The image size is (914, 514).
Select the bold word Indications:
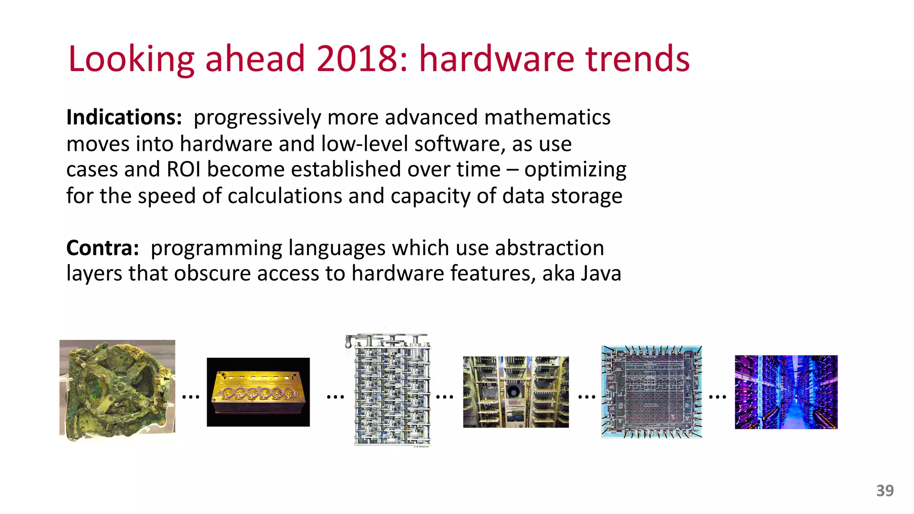click(x=124, y=117)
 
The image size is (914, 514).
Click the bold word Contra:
click(x=103, y=248)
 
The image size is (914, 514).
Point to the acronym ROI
click(x=183, y=170)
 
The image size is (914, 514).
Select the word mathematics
click(x=547, y=117)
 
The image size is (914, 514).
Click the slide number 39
click(x=885, y=491)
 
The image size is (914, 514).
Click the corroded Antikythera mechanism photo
click(x=117, y=389)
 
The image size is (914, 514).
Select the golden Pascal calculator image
click(x=258, y=392)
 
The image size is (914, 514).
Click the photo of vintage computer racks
click(x=515, y=392)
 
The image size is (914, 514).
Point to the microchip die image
click(x=652, y=392)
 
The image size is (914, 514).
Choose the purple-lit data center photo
click(x=786, y=392)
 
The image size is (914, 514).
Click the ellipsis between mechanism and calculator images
click(x=191, y=396)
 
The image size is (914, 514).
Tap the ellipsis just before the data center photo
click(x=717, y=396)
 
